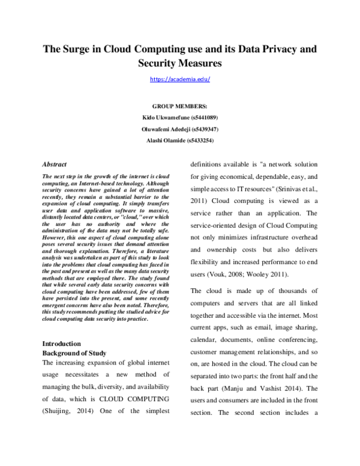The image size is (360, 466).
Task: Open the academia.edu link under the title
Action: (x=180, y=79)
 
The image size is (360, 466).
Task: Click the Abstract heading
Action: (x=55, y=164)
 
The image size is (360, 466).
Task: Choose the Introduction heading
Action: (x=62, y=343)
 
